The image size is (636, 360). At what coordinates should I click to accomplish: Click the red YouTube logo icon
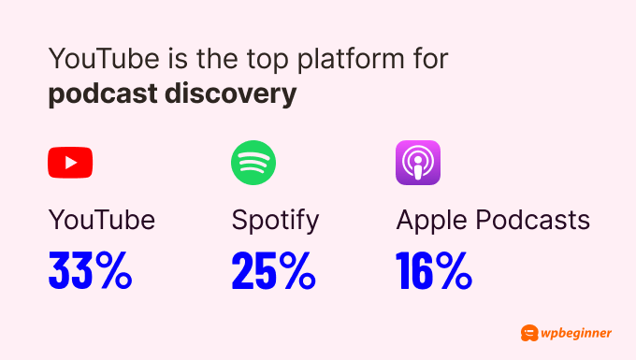(x=70, y=163)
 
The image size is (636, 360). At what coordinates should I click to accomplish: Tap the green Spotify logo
(x=253, y=163)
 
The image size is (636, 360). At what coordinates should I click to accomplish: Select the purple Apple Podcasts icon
(x=418, y=163)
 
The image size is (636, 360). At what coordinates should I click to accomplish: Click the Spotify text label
(x=275, y=221)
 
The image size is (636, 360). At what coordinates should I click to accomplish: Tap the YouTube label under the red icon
(x=101, y=220)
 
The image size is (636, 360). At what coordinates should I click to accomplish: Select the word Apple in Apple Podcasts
(x=431, y=221)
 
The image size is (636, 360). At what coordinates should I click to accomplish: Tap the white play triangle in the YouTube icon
(x=71, y=163)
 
